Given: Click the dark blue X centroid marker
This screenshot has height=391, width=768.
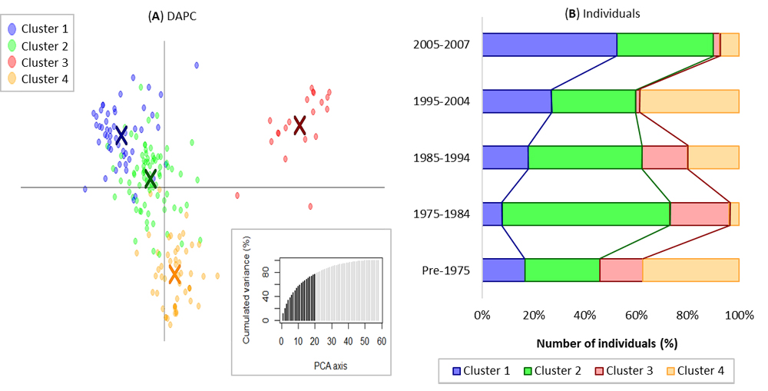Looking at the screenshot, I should tap(121, 136).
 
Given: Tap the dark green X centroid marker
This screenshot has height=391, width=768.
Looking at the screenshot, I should tap(151, 179).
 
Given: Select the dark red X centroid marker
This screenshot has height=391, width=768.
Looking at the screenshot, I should tap(300, 124).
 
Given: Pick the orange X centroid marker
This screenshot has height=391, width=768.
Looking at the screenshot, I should tap(174, 273).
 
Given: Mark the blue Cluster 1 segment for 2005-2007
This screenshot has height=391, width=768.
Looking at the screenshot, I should tap(549, 45).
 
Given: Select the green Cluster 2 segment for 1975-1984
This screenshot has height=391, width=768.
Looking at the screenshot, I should tap(586, 214).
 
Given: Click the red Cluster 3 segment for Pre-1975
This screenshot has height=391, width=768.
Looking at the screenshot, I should tap(621, 270).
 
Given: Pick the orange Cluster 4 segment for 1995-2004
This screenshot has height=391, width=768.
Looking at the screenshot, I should tap(690, 101).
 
